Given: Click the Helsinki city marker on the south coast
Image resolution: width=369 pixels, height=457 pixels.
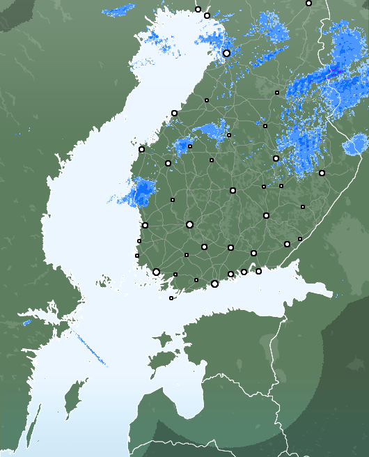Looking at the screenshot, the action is (214, 284).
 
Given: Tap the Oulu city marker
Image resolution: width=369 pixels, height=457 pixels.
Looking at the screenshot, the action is (226, 53).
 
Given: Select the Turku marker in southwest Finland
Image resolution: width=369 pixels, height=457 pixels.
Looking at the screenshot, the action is (156, 272).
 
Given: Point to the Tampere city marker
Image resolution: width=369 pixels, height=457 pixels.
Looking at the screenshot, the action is (189, 224).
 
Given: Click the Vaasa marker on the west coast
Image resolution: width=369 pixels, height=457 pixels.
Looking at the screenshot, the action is (141, 149).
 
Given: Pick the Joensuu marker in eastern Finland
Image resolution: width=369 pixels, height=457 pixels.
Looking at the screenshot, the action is (322, 173).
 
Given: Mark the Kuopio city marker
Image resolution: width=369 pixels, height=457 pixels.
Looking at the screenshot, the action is (276, 159).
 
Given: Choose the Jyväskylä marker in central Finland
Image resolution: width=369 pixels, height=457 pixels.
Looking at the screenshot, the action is (233, 190).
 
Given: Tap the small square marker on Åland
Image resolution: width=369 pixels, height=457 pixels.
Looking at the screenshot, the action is (171, 298).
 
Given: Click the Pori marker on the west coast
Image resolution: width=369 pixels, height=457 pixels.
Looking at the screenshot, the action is (145, 225).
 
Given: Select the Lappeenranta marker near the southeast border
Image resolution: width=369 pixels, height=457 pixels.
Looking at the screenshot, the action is (287, 244).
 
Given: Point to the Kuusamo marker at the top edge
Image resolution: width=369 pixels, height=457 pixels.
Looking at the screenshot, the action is (308, 3).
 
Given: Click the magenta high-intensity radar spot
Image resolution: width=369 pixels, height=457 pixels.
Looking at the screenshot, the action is (332, 72).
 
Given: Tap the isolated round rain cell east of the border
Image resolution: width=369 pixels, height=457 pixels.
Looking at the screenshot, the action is (355, 145).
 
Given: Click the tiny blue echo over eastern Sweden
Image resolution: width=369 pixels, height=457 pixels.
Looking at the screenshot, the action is (27, 323).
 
